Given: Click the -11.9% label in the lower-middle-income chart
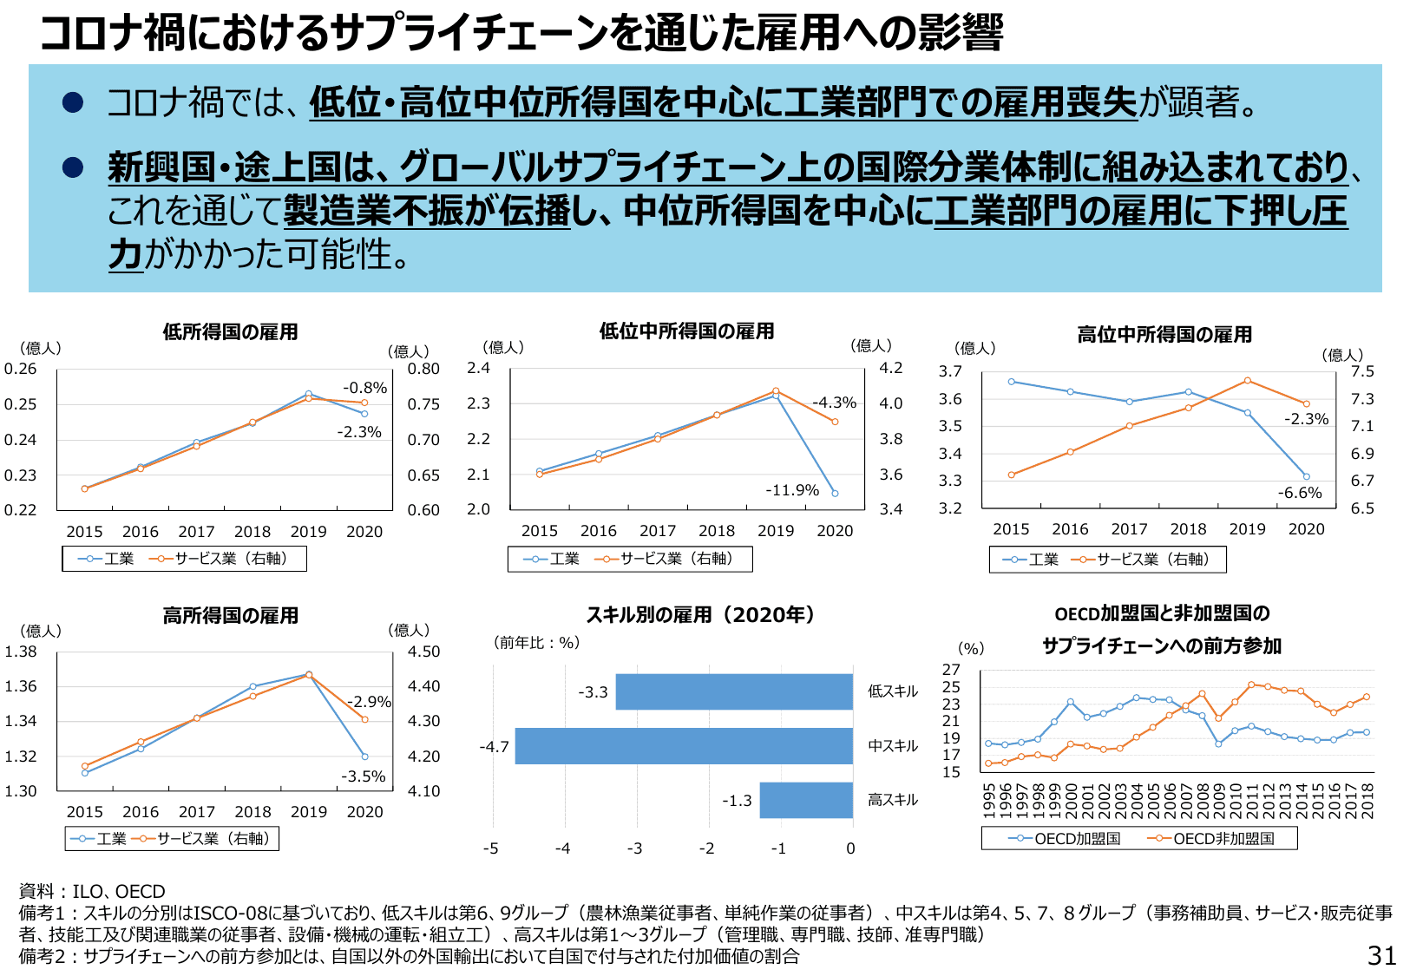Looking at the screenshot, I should [791, 490].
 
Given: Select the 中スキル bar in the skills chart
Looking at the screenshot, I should [684, 746].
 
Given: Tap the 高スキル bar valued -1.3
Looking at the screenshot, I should [806, 800].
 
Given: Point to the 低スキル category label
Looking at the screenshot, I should [893, 691].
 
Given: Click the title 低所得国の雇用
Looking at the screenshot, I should [230, 332].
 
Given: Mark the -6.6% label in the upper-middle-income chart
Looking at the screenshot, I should [1300, 493].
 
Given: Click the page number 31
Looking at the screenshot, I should [1382, 955].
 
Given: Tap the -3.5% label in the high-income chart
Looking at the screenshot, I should [363, 776].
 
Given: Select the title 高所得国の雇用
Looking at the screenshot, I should [230, 616].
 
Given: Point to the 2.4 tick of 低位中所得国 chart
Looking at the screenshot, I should [478, 368].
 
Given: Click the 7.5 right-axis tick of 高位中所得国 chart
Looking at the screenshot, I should [1362, 371].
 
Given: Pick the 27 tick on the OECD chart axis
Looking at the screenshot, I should [951, 670].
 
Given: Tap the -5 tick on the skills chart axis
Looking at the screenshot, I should [491, 848].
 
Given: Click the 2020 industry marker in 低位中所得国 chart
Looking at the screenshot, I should [835, 494].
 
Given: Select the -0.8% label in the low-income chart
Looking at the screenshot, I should [364, 388].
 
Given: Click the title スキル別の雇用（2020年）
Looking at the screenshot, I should [700, 615].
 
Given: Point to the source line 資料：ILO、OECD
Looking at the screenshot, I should [92, 892].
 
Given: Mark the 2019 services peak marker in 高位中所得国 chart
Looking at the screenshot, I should [1247, 381].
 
